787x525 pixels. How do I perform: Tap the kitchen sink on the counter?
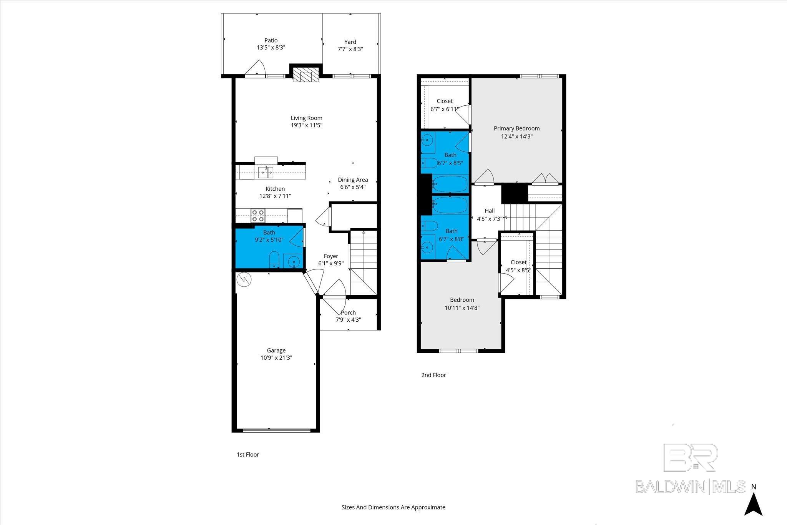[x=266, y=172]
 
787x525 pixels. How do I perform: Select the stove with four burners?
[x=258, y=216]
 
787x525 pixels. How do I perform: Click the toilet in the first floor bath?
[x=274, y=259]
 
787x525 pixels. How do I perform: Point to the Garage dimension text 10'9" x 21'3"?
[x=276, y=358]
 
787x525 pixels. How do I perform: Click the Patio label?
[x=271, y=40]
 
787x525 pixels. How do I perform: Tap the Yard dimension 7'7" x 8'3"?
[x=350, y=49]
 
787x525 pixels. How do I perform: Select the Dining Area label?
[x=353, y=180]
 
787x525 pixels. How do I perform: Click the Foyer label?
[x=331, y=256]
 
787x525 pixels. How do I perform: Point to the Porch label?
[x=348, y=313]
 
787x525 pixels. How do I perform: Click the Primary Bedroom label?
[x=516, y=128]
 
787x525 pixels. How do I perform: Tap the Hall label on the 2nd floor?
[x=490, y=211]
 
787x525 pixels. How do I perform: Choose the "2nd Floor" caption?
[x=433, y=375]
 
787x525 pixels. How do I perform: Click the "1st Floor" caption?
[x=248, y=455]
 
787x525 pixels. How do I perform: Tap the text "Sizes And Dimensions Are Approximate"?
[x=393, y=507]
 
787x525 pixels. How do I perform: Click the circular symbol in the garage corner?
[x=244, y=279]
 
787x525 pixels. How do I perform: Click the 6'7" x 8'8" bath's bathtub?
[x=450, y=205]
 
